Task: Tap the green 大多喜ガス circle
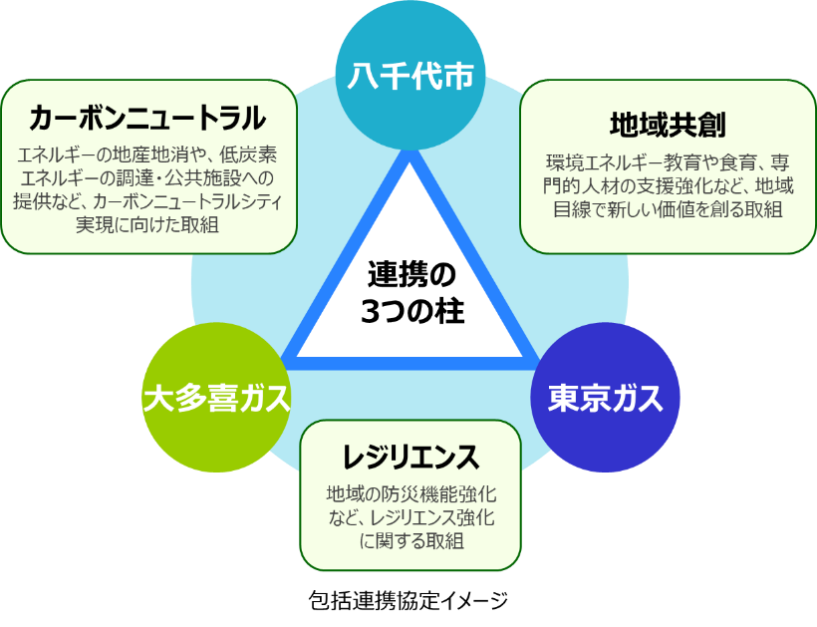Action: coord(216,398)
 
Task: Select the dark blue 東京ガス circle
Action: coord(605,398)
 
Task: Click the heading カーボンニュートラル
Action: coord(148,119)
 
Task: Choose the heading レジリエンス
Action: coord(410,458)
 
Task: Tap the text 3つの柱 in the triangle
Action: coord(410,310)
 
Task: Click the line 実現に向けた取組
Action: coord(148,224)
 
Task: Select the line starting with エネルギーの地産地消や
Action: coord(148,156)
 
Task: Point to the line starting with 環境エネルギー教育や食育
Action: coord(668,162)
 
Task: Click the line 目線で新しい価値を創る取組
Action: coord(668,209)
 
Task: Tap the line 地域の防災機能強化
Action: coord(410,493)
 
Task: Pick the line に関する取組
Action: coord(410,540)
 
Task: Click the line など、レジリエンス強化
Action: coord(410,517)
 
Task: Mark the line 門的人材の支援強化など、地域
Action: coord(668,186)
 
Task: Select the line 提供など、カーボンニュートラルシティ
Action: coord(148,201)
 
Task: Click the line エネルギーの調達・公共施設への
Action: coord(148,178)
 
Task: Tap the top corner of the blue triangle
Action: coord(409,157)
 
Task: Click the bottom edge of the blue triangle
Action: coord(409,358)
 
